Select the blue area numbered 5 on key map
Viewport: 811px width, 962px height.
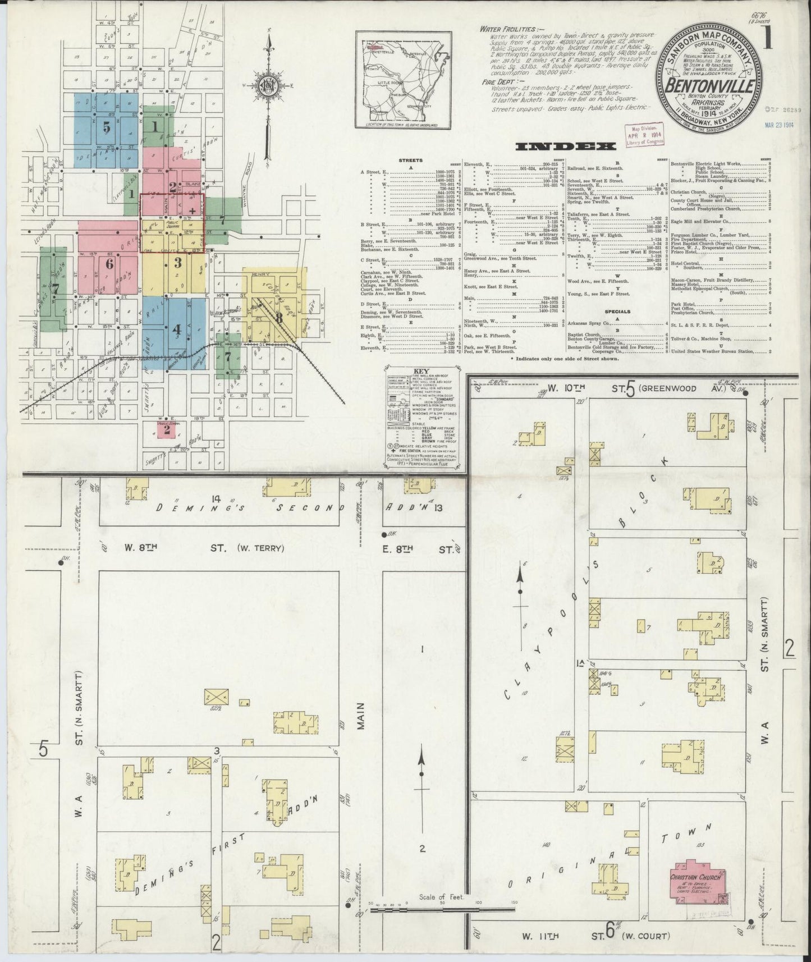point(107,130)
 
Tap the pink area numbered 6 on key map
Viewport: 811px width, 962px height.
point(108,263)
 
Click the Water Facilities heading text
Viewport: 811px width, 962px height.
point(503,29)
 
